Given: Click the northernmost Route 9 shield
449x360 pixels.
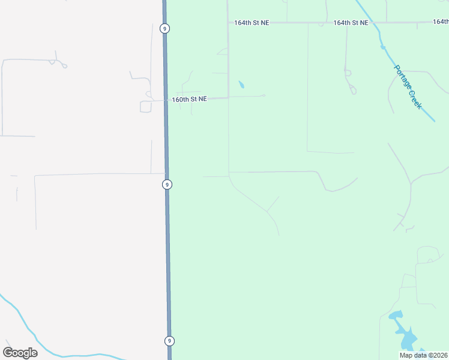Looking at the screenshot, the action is click(164, 28).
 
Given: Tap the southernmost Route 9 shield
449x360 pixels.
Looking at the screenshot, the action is click(169, 341).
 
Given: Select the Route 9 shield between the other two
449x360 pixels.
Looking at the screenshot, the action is click(167, 184).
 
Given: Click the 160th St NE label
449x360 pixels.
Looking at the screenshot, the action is click(189, 99).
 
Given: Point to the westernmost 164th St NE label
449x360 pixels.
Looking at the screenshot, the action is click(252, 23).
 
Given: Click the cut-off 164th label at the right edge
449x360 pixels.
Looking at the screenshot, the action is click(441, 22).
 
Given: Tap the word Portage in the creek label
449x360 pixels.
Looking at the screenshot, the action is click(400, 76).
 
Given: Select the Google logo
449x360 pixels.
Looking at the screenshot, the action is click(20, 353).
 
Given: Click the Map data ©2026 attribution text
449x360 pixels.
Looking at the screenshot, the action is click(424, 355).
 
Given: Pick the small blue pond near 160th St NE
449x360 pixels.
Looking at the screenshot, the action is click(241, 85).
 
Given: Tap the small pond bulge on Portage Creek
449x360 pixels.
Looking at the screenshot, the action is click(382, 46).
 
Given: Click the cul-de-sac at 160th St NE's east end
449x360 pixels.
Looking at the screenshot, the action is click(264, 95).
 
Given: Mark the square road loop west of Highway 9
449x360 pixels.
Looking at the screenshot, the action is click(145, 107).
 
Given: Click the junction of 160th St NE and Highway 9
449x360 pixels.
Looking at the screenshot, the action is click(166, 100).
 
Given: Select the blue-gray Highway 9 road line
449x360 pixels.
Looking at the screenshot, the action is click(167, 252).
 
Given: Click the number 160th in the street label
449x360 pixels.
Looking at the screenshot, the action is click(180, 99).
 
